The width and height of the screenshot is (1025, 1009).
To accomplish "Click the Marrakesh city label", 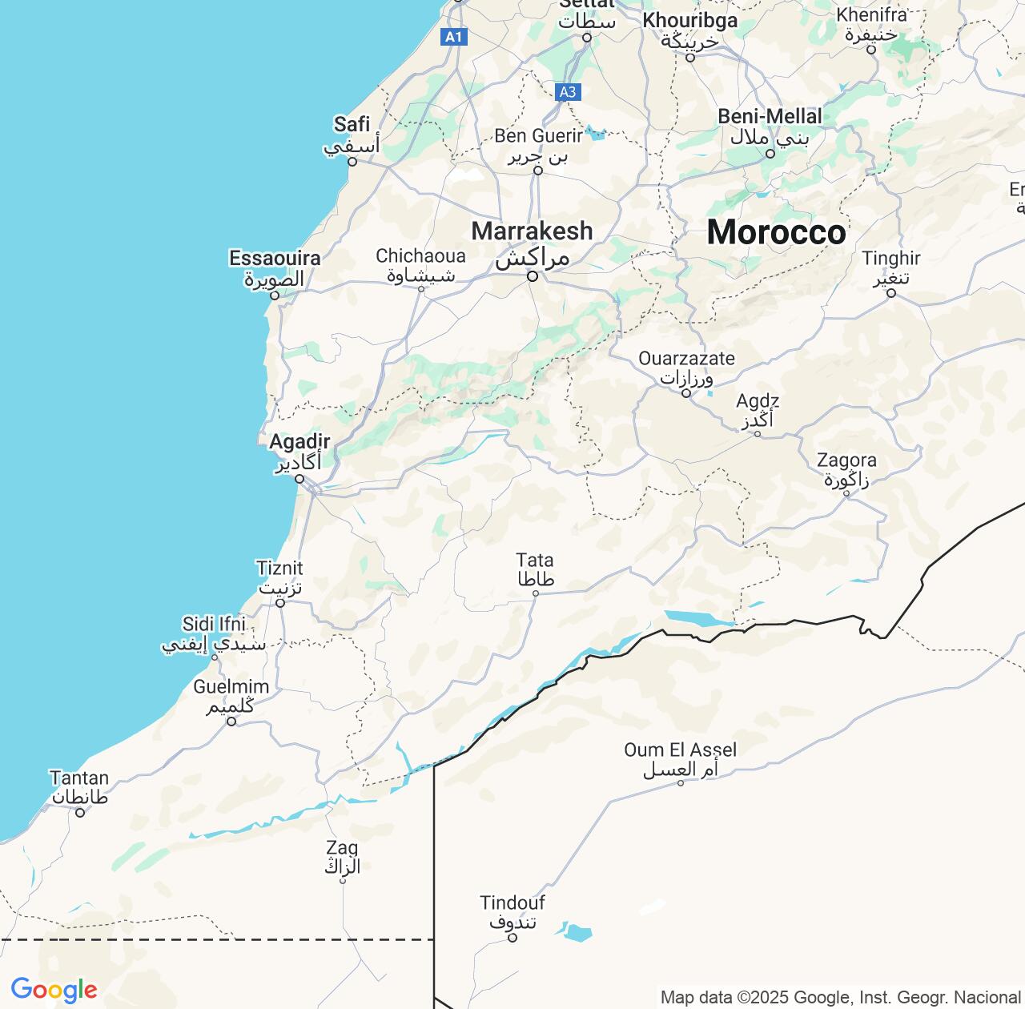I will click(532, 231).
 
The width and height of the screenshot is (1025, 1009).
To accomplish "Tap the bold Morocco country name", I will click(775, 232).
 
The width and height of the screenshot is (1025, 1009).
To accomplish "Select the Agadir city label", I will click(299, 442).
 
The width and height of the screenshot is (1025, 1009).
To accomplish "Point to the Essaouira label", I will click(275, 259).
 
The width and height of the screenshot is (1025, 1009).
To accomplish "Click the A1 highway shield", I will click(454, 36).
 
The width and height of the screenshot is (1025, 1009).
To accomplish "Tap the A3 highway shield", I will click(567, 92).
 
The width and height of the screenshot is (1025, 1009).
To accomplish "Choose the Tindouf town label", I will click(512, 903).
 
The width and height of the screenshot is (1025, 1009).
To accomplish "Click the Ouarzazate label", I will click(686, 358).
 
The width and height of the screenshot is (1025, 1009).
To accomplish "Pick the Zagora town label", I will click(846, 461).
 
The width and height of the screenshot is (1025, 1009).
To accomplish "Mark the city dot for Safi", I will click(352, 160).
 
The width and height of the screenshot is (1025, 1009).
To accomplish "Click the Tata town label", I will click(535, 560).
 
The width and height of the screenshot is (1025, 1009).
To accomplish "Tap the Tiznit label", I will click(279, 569).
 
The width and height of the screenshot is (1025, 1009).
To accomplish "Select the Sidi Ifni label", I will click(214, 625).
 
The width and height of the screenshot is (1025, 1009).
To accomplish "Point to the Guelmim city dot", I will click(231, 721).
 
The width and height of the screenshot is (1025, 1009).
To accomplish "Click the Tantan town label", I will click(79, 778).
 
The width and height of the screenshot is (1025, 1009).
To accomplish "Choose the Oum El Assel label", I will click(681, 750).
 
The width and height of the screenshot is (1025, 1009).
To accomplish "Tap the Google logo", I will click(54, 991).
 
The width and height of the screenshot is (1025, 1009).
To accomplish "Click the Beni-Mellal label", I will click(770, 117).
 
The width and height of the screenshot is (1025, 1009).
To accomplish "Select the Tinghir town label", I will click(891, 259).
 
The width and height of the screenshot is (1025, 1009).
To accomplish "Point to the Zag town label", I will click(342, 847).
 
